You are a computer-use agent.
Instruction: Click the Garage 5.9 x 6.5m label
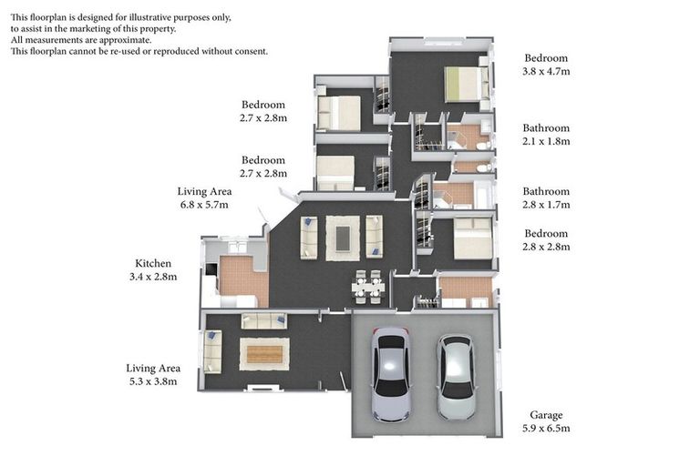pos(545,420)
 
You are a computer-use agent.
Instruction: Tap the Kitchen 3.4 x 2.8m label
pos(155,269)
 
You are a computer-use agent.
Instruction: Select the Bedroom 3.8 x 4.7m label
pos(545,65)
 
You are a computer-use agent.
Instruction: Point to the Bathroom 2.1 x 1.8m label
pos(545,135)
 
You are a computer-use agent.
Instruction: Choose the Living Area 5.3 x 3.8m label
pos(152,374)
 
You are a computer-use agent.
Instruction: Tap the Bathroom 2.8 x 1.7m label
pos(545,198)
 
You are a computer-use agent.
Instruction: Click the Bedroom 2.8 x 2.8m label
pos(545,240)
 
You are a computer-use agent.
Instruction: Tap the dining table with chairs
pos(368,286)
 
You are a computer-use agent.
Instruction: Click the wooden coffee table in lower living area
pos(264,353)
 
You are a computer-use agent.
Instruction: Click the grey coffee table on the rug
pos(343,238)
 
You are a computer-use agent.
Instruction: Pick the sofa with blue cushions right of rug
pos(374,237)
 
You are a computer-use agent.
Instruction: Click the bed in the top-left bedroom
pos(339,113)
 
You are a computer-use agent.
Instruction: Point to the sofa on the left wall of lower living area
pos(212,351)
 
